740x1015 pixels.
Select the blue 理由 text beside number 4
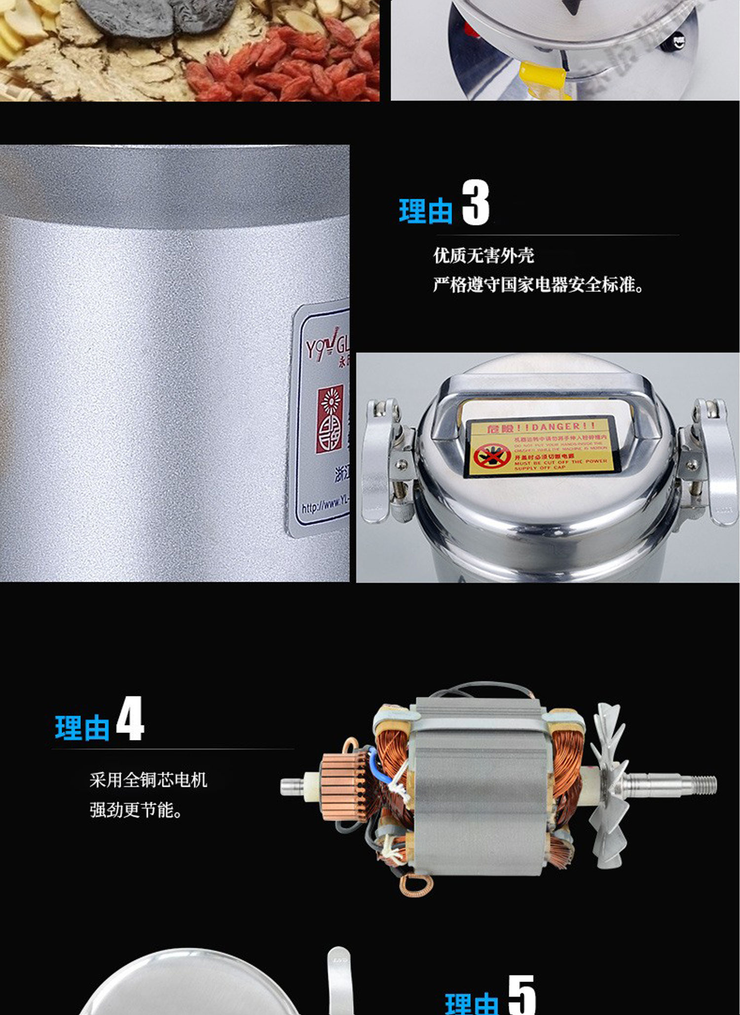pyautogui.click(x=82, y=728)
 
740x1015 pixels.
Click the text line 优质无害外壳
pyautogui.click(x=483, y=255)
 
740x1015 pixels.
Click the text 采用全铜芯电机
pyautogui.click(x=148, y=780)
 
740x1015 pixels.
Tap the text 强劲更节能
pyautogui.click(x=136, y=810)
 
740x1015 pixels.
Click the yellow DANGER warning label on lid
pyautogui.click(x=539, y=447)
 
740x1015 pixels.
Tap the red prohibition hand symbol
pyautogui.click(x=491, y=456)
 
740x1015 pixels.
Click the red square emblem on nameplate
pyautogui.click(x=330, y=419)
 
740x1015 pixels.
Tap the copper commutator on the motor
pyautogui.click(x=343, y=787)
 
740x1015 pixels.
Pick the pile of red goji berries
pyautogui.click(x=296, y=64)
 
